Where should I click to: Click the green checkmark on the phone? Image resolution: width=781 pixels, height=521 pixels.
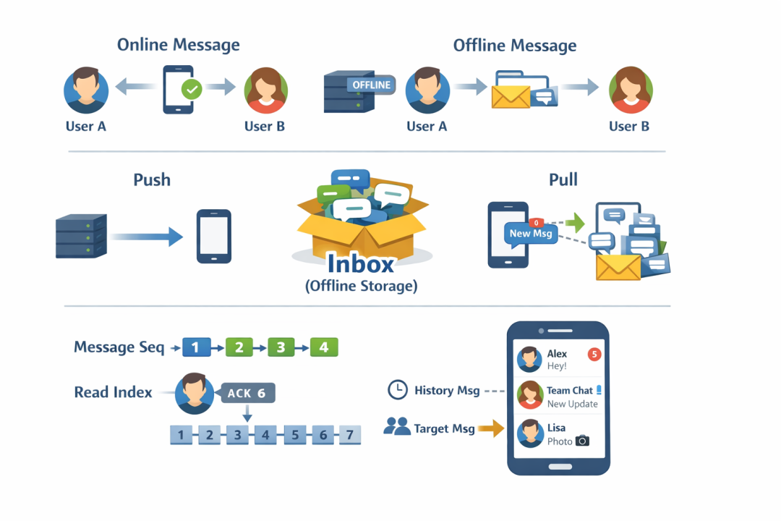click(x=192, y=90)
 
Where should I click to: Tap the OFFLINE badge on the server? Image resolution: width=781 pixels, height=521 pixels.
click(x=371, y=85)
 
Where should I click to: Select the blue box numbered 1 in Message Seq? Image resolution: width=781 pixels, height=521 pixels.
click(x=196, y=347)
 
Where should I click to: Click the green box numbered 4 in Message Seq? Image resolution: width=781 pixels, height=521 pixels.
click(x=324, y=347)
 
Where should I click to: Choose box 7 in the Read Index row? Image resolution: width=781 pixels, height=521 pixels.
click(x=350, y=435)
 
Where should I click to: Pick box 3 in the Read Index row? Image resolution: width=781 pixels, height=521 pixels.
click(x=238, y=435)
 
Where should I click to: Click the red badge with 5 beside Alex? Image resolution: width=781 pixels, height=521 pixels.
click(x=594, y=354)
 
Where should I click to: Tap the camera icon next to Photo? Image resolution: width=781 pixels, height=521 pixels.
click(x=582, y=441)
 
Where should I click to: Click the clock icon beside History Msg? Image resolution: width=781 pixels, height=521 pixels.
click(x=398, y=390)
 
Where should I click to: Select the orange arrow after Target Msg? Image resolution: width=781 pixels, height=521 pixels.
click(x=491, y=428)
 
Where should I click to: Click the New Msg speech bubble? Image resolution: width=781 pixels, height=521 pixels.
click(x=531, y=234)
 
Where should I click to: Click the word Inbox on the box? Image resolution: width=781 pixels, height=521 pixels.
click(x=361, y=263)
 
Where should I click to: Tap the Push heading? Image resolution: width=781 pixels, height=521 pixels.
click(x=152, y=179)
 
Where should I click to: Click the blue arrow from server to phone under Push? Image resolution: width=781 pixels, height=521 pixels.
click(x=146, y=237)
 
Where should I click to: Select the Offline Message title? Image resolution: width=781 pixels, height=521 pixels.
click(x=515, y=46)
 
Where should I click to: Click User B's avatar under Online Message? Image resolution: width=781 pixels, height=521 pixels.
click(x=265, y=90)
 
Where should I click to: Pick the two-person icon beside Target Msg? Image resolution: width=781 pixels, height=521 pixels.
click(x=396, y=426)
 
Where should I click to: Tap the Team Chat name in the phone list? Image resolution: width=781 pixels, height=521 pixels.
click(x=569, y=390)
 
